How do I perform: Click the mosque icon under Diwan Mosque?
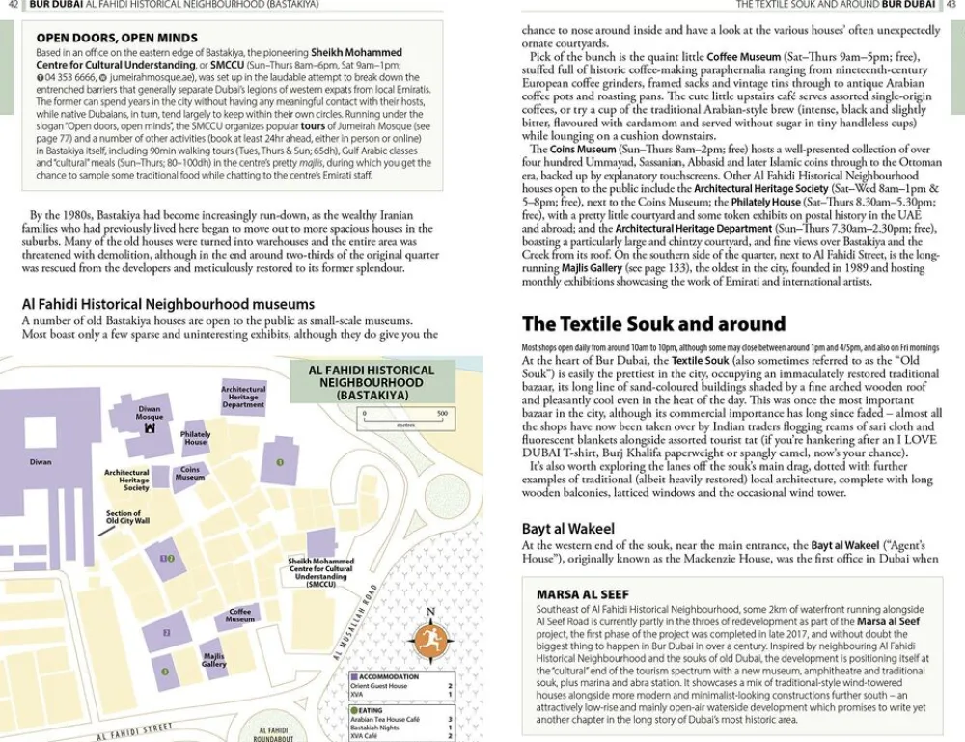[150, 426]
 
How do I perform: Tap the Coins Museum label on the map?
[190, 474]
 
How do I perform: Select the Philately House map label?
[196, 438]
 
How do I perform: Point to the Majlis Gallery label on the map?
[214, 660]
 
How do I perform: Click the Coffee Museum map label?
[240, 615]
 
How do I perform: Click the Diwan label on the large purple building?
[41, 462]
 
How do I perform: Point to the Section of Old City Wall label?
[128, 517]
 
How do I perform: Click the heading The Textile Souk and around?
[653, 323]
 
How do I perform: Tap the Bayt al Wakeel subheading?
[567, 529]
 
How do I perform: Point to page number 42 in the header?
[14, 5]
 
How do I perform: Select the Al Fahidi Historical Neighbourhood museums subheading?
[168, 304]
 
